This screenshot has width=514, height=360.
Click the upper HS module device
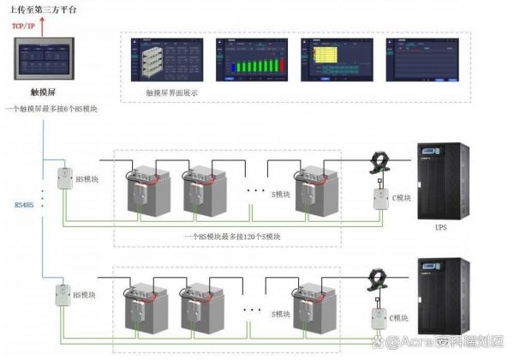(x=63, y=177)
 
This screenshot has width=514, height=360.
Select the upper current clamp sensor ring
(x=377, y=162)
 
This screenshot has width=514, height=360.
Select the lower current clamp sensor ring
(x=377, y=279)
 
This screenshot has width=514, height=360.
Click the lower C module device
(x=378, y=315)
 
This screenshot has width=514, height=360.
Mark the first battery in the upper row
(x=148, y=189)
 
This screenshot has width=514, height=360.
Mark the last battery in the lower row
(x=314, y=309)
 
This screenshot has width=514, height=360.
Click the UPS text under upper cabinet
(x=440, y=229)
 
